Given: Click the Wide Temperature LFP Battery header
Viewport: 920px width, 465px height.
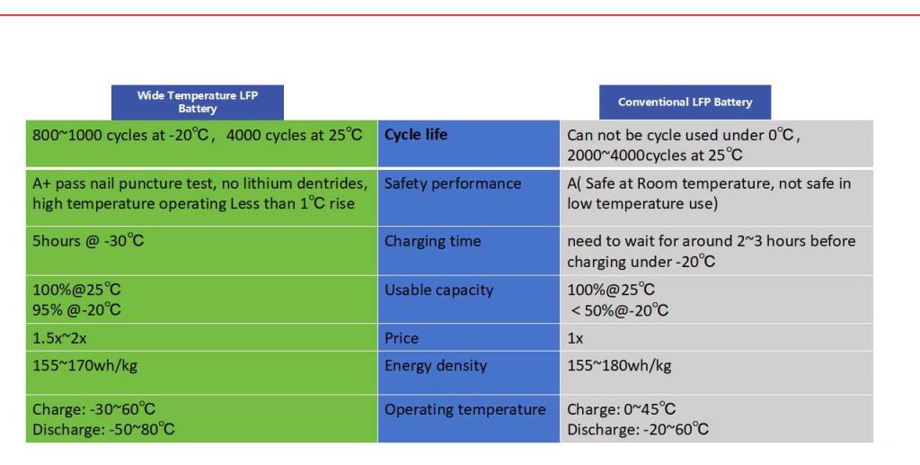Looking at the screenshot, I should [198, 102].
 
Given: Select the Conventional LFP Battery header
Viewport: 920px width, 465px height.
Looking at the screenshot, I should [685, 102].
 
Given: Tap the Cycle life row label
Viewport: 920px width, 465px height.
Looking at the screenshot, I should [416, 135].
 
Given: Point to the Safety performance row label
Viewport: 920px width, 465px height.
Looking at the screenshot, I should [453, 183].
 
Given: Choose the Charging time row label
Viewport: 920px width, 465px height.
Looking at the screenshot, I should [433, 241].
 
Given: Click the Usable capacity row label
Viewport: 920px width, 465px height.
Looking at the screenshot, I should [439, 290].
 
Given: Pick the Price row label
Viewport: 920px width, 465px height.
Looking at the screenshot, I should [402, 338].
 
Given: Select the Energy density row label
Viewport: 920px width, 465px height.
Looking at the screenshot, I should [436, 366].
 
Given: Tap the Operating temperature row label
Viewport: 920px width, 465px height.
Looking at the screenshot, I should [465, 410].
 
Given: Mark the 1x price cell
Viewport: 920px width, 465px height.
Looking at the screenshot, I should [575, 338].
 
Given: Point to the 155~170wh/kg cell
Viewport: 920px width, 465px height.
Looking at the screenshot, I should [84, 366].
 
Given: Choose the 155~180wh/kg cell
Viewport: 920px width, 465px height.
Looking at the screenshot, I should [619, 366].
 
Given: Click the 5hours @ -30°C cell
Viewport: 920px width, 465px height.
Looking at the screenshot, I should [88, 241].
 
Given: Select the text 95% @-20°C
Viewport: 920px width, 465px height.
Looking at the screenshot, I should [76, 310].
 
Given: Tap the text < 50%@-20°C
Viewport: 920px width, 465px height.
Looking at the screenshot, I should [620, 310].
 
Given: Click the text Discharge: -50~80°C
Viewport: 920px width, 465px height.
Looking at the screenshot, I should [103, 430].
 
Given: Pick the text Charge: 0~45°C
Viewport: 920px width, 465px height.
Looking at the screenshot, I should [622, 410].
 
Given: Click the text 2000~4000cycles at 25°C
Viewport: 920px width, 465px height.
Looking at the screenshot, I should [655, 155].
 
